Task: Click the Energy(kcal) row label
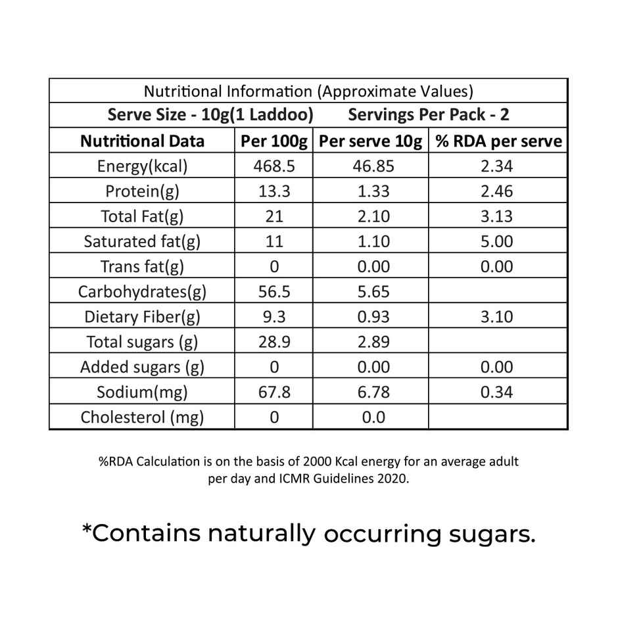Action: coord(142,166)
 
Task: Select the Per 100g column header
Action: coord(274,141)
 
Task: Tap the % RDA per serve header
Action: coord(497,141)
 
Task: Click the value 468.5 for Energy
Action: coord(274,166)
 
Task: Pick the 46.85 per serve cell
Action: coord(373,166)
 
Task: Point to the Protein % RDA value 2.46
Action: coord(497,191)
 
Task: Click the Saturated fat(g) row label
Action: coord(142,241)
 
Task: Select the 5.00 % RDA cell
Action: coord(497,241)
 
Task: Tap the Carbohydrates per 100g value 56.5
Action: coord(274,292)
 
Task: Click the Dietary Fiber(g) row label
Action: coord(142,317)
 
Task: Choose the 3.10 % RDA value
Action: coord(497,317)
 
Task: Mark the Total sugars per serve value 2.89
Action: coord(373,342)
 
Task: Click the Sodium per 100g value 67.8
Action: coord(274,392)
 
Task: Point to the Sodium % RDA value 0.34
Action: coord(497,392)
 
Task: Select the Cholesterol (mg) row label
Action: coord(142,417)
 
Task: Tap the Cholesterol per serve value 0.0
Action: coord(373,417)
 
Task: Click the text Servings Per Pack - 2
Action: coord(429,115)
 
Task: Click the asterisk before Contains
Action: coord(86,530)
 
